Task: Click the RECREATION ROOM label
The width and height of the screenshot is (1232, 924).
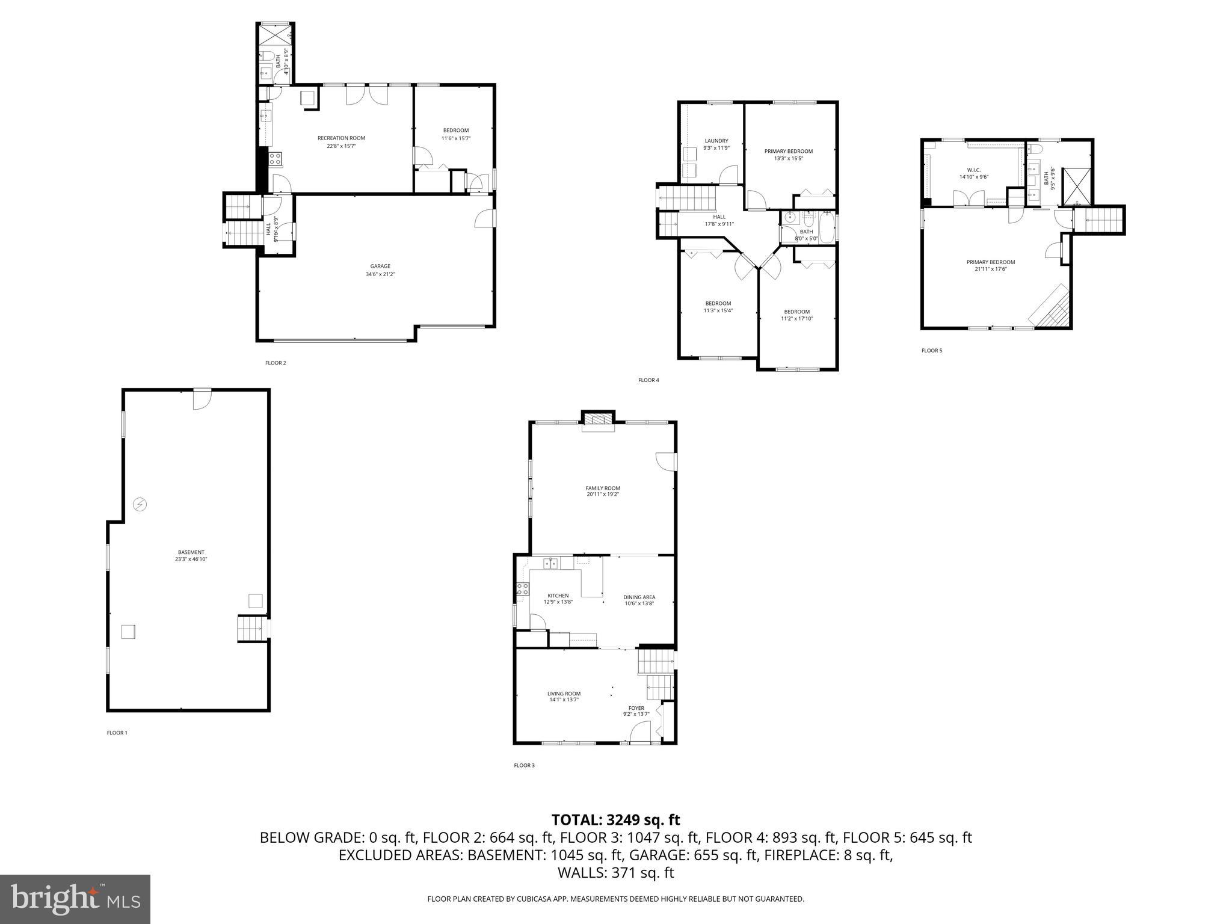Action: pyautogui.click(x=341, y=138)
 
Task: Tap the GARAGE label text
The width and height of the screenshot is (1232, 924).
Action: pyautogui.click(x=380, y=266)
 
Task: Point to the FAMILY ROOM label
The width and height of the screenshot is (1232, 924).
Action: pyautogui.click(x=602, y=488)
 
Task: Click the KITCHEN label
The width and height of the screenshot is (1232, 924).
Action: pyautogui.click(x=558, y=596)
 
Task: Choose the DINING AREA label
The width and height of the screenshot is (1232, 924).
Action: pyautogui.click(x=639, y=597)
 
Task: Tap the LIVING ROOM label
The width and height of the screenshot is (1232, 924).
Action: pyautogui.click(x=564, y=694)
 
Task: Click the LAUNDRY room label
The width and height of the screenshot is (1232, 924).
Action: pyautogui.click(x=716, y=141)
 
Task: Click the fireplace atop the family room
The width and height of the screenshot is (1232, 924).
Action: pyautogui.click(x=598, y=420)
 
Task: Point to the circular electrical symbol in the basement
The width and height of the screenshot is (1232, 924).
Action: pyautogui.click(x=140, y=504)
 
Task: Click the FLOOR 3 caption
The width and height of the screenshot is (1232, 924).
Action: pyautogui.click(x=524, y=765)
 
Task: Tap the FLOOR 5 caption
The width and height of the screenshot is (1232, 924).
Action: pyautogui.click(x=932, y=350)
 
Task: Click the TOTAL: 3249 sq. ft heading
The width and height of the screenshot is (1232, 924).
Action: pyautogui.click(x=615, y=819)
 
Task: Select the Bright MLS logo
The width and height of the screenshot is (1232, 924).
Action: pyautogui.click(x=75, y=899)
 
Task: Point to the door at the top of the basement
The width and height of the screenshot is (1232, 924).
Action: pyautogui.click(x=202, y=399)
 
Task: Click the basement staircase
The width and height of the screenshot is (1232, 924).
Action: pyautogui.click(x=251, y=629)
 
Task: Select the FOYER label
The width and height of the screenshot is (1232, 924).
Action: pyautogui.click(x=636, y=708)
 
